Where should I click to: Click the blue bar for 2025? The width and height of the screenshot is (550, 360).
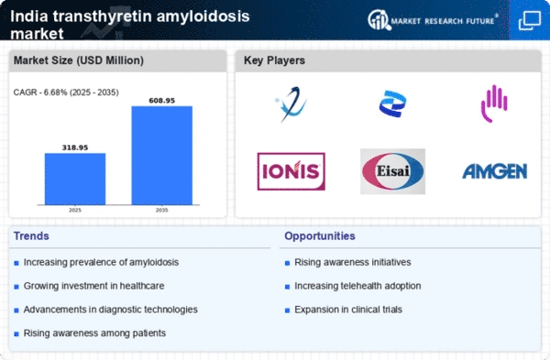tap(75, 179)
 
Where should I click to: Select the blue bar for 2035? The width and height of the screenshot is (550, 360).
tap(161, 156)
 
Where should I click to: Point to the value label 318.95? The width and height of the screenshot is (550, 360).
tap(75, 147)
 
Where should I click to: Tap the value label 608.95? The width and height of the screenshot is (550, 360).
tap(161, 101)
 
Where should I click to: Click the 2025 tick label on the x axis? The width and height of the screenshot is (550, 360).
tap(75, 210)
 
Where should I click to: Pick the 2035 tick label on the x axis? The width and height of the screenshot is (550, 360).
tap(161, 210)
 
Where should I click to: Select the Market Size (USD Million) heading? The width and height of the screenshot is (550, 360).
tap(79, 60)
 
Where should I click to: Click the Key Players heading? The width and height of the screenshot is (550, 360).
tap(274, 60)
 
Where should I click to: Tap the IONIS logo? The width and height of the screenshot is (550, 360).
tap(291, 171)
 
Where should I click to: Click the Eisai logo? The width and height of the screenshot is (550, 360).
tap(392, 171)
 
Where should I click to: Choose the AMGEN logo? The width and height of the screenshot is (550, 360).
tap(495, 171)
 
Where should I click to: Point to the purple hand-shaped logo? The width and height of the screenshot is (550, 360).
tap(494, 104)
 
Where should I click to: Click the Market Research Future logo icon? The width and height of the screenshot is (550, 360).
tap(379, 19)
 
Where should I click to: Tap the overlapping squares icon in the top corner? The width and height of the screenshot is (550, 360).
tap(530, 20)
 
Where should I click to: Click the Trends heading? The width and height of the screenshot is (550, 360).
tap(31, 236)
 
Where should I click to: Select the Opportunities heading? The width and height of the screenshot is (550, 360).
tap(320, 236)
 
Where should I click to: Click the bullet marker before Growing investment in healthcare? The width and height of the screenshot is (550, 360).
tap(16, 287)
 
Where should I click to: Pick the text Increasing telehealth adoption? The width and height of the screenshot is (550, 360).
tap(357, 286)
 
